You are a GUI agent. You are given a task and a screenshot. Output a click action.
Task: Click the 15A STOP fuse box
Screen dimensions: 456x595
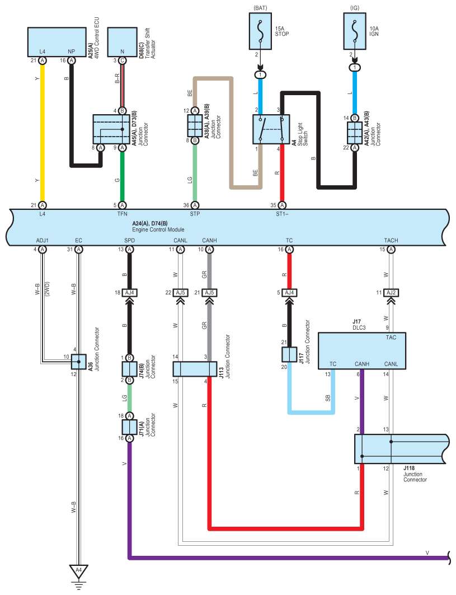point(260,31)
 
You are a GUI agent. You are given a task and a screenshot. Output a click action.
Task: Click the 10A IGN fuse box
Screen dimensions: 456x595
point(355,31)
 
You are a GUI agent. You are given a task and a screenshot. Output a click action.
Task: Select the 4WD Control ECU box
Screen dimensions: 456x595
point(57,42)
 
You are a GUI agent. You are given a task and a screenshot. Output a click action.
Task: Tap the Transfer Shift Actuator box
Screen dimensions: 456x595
point(122,42)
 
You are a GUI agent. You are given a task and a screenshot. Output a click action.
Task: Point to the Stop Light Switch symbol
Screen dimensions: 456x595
point(271,129)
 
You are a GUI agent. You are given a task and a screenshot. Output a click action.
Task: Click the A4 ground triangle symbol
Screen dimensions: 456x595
point(78,571)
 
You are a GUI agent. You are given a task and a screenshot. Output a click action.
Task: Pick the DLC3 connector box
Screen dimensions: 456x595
point(362,351)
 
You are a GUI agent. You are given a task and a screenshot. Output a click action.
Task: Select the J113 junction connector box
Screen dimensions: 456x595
point(195,369)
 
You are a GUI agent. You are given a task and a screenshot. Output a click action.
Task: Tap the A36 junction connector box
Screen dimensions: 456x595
point(78,362)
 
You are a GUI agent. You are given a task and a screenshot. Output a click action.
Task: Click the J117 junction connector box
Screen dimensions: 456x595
point(289,354)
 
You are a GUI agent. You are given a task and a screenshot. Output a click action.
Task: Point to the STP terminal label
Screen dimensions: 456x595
point(195,214)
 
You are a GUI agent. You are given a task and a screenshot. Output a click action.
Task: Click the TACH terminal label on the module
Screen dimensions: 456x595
point(391,241)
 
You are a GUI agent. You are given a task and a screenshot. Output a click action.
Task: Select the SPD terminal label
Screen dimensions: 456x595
point(129,241)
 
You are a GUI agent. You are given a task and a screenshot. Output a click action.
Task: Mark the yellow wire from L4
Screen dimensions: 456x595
point(43,133)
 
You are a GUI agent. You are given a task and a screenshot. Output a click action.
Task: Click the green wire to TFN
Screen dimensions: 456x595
point(122,176)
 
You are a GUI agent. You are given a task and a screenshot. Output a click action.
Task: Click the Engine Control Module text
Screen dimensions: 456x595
point(158,229)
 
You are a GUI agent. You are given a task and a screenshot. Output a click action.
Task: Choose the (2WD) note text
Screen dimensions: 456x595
point(47,289)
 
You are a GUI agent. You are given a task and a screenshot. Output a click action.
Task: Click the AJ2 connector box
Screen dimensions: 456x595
point(391,293)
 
